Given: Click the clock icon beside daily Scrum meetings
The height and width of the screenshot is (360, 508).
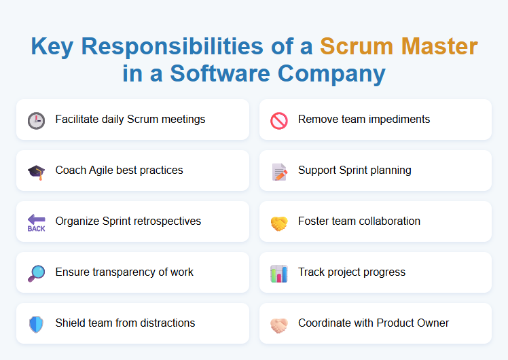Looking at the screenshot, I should pos(36,120).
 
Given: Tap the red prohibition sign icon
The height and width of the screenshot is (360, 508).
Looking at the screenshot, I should pos(279,120).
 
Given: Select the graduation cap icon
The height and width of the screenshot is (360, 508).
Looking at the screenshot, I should pos(36,171).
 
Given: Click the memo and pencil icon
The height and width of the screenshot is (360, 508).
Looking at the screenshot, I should pos(279,171).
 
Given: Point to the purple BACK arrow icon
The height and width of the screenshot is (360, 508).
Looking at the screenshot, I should pos(36,222).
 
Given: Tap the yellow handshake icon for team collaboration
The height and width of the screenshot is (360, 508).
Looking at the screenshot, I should pos(279,222).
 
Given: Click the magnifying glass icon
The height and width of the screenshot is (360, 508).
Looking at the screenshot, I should pos(36,273).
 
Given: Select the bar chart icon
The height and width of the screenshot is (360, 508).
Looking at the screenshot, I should pos(279,273).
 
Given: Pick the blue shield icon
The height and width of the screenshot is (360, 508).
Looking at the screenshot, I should pos(36,324).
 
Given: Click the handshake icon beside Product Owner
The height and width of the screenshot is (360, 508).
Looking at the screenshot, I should pos(279,324).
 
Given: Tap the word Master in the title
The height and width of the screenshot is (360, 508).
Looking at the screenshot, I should pos(439,46).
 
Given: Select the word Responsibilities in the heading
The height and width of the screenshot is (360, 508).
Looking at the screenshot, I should pos(170,46).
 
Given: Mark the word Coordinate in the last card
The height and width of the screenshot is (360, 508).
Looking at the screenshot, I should pos(323,323).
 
